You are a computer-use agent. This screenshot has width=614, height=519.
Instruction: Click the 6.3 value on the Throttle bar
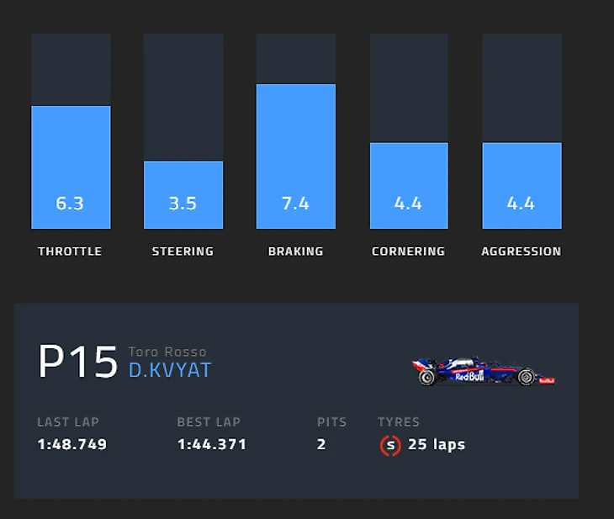click(x=70, y=203)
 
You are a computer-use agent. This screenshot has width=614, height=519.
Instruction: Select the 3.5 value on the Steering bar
click(x=183, y=203)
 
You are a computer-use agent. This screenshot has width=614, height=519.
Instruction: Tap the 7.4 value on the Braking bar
click(x=295, y=203)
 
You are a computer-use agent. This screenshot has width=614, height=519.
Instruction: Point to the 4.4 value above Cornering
click(x=408, y=203)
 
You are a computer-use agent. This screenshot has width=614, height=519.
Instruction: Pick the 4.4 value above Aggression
click(x=521, y=203)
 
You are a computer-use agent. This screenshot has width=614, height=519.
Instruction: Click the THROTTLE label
click(x=70, y=251)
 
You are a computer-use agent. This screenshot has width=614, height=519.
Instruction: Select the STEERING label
click(x=183, y=251)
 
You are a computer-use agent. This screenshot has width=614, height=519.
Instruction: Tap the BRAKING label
click(x=295, y=251)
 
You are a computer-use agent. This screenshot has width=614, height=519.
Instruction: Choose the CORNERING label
click(x=408, y=251)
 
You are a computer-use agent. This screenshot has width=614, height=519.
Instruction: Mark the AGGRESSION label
click(x=521, y=251)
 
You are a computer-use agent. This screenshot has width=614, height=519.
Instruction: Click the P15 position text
click(x=77, y=363)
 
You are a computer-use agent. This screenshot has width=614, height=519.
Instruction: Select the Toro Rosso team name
click(x=167, y=352)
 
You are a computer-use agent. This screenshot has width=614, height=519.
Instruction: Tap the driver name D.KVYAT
click(x=170, y=370)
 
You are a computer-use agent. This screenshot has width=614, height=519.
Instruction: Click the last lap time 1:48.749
click(x=72, y=444)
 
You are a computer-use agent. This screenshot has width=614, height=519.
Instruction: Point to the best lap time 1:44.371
click(x=212, y=444)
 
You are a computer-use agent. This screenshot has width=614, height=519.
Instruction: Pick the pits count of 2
click(x=321, y=444)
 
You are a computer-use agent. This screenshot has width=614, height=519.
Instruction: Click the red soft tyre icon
click(x=389, y=445)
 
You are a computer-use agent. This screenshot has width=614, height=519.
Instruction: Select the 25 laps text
click(x=437, y=444)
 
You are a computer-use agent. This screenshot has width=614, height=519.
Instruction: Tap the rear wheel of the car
click(x=427, y=378)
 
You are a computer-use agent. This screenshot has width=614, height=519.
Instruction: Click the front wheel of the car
click(x=527, y=378)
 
